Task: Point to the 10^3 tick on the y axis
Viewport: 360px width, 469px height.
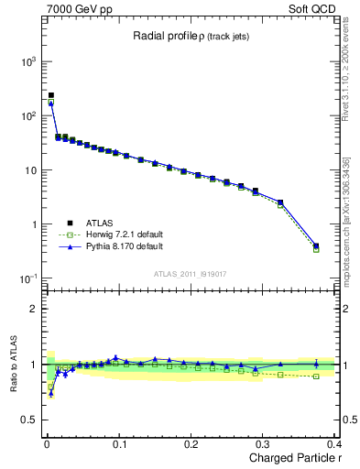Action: pyautogui.click(x=27, y=61)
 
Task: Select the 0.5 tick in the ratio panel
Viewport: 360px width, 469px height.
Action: pyautogui.click(x=29, y=420)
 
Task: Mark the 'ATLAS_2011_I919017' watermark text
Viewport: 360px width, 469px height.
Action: pyautogui.click(x=191, y=275)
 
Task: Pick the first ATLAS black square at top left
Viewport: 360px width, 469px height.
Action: pyautogui.click(x=51, y=95)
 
